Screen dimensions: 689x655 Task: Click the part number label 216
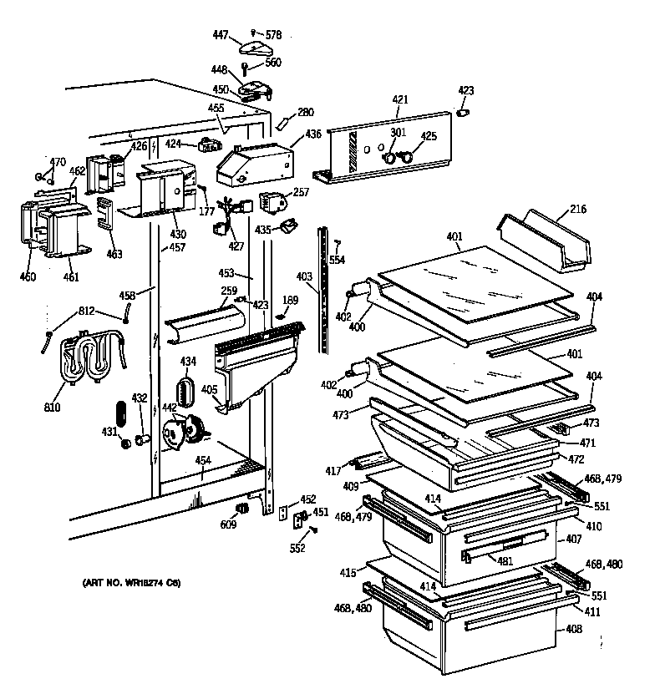(x=577, y=209)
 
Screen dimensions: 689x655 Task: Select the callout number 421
(x=400, y=100)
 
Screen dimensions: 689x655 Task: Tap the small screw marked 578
(x=254, y=33)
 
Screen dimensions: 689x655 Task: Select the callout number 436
(x=312, y=134)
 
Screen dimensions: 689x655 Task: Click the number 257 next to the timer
(x=300, y=192)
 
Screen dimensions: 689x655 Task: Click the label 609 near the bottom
(x=228, y=524)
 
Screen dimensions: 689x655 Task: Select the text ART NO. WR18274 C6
(x=131, y=582)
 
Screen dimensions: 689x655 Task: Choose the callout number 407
(x=573, y=540)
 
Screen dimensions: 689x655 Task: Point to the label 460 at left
(x=28, y=276)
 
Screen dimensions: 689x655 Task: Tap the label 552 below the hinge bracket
(x=298, y=548)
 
